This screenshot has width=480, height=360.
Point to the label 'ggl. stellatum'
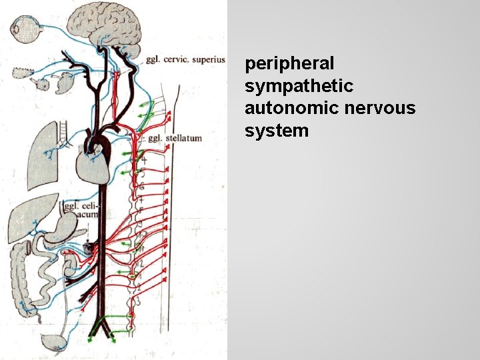[x=174, y=139]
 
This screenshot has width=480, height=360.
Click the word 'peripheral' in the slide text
[x=289, y=64]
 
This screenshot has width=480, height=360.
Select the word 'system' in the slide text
[x=277, y=131]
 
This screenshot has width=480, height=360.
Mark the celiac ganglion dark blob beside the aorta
[x=88, y=248]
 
